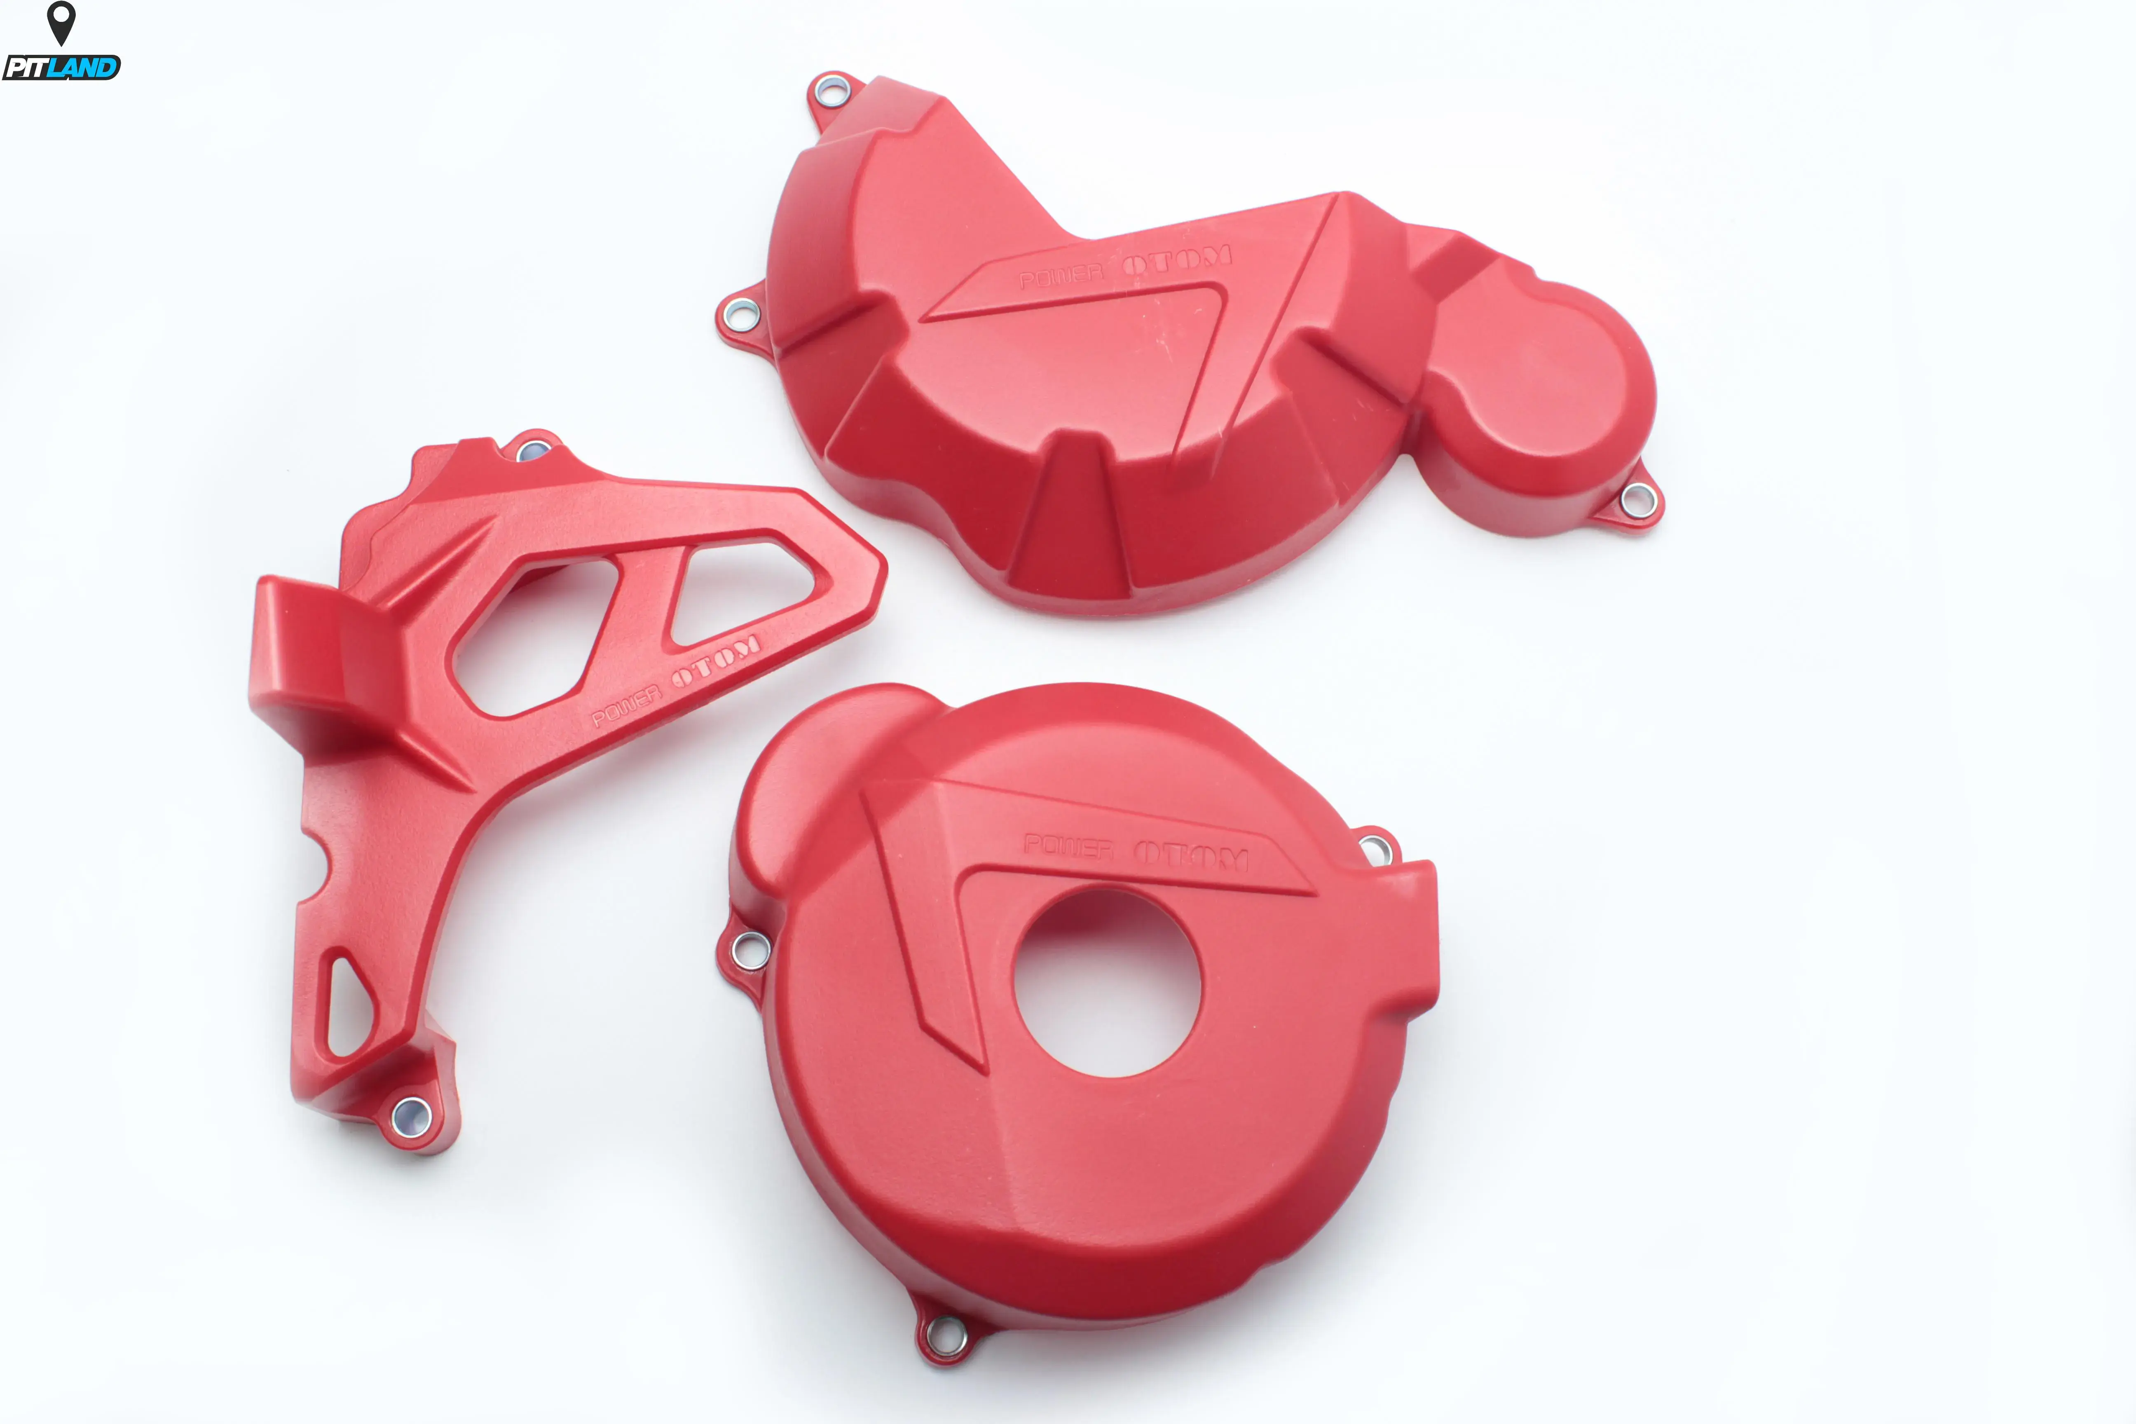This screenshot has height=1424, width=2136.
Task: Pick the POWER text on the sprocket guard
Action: click(x=627, y=706)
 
